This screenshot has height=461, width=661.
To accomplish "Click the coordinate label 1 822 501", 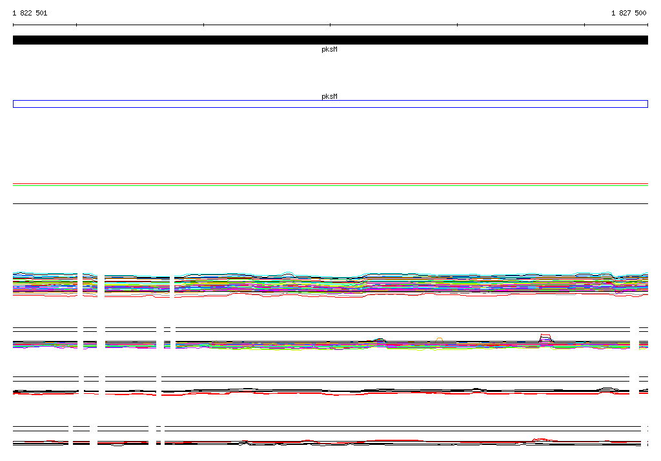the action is tap(30, 13).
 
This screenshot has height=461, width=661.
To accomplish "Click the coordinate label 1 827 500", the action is tap(629, 13).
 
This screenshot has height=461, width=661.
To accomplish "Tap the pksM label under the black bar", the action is tap(329, 49).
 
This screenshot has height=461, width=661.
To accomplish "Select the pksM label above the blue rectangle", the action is tap(329, 96).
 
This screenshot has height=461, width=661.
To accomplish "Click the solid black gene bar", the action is tap(330, 40).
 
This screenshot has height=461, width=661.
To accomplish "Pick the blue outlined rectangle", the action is tap(330, 100).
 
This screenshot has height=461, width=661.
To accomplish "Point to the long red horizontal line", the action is tap(330, 184).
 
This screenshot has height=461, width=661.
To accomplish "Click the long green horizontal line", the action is tap(330, 185).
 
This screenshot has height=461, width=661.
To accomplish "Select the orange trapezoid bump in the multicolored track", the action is tap(439, 338).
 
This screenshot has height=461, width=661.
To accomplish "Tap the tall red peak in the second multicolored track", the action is tap(545, 335).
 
